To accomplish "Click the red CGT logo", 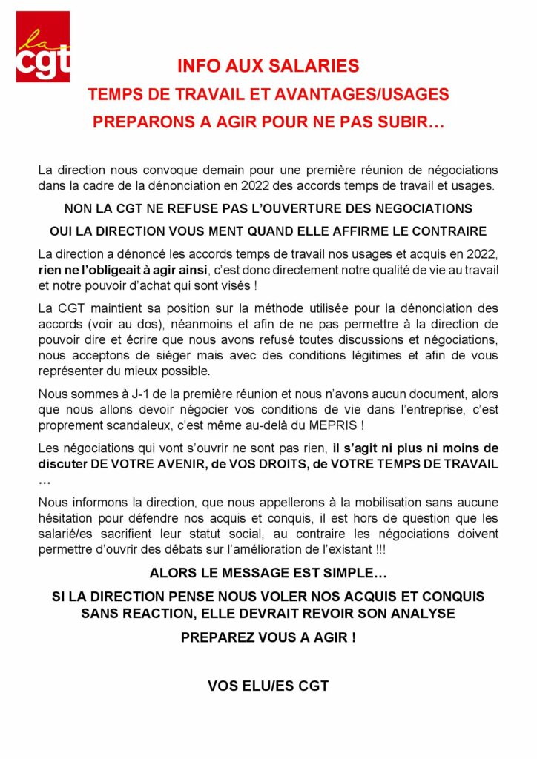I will pos(43,47).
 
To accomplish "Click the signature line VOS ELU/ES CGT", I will pos(268,686).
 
